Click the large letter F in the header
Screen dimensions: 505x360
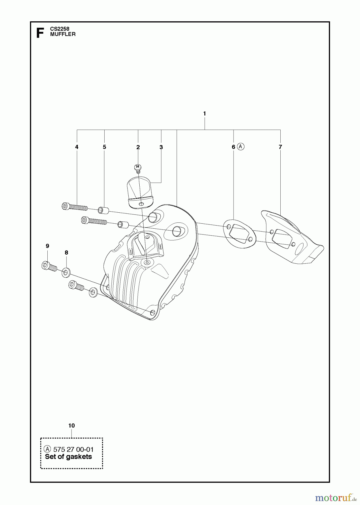pyautogui.click(x=40, y=33)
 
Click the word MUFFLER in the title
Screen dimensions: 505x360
pyautogui.click(x=63, y=34)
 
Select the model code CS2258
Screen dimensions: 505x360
pyautogui.click(x=60, y=29)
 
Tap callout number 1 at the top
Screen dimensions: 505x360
pyautogui.click(x=204, y=114)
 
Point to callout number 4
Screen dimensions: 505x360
pyautogui.click(x=77, y=147)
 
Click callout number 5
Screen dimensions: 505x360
pyautogui.click(x=104, y=147)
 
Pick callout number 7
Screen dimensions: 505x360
pyautogui.click(x=280, y=147)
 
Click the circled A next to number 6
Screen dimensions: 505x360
pyautogui.click(x=241, y=146)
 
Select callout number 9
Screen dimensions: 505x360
pyautogui.click(x=47, y=246)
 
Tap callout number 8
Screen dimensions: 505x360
pyautogui.click(x=66, y=252)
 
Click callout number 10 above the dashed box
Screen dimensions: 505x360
pyautogui.click(x=71, y=426)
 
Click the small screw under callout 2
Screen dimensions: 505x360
pyautogui.click(x=137, y=168)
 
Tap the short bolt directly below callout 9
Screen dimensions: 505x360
pyautogui.click(x=49, y=266)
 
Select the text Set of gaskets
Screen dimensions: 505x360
pyautogui.click(x=68, y=457)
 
